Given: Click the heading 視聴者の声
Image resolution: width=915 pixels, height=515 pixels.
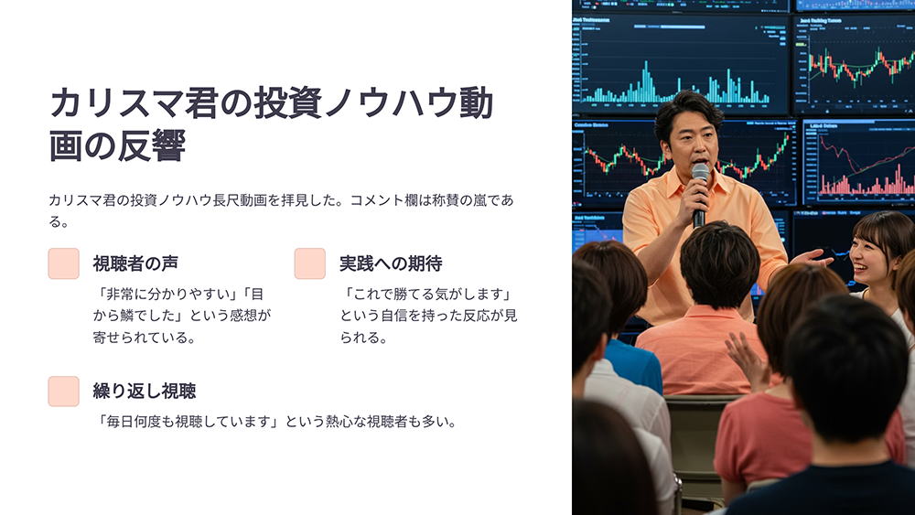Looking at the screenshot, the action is pos(135,263).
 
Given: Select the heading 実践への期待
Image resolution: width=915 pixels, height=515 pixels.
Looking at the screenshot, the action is pos(391,263).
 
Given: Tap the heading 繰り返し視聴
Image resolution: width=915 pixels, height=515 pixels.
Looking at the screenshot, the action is pos(145,391).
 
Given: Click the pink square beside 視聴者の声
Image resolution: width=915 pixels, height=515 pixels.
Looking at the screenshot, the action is pos(64,263).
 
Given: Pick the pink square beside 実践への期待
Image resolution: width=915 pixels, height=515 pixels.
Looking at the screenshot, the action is pos(310,263).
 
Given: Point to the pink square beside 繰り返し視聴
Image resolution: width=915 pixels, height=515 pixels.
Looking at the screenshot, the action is pos(64,391).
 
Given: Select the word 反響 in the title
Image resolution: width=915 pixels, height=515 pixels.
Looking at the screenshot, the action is pos(152,145).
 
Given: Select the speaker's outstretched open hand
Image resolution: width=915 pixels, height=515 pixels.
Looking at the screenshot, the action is pos(810,257).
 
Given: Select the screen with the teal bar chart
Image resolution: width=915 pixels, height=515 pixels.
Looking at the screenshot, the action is pos(681,63).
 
